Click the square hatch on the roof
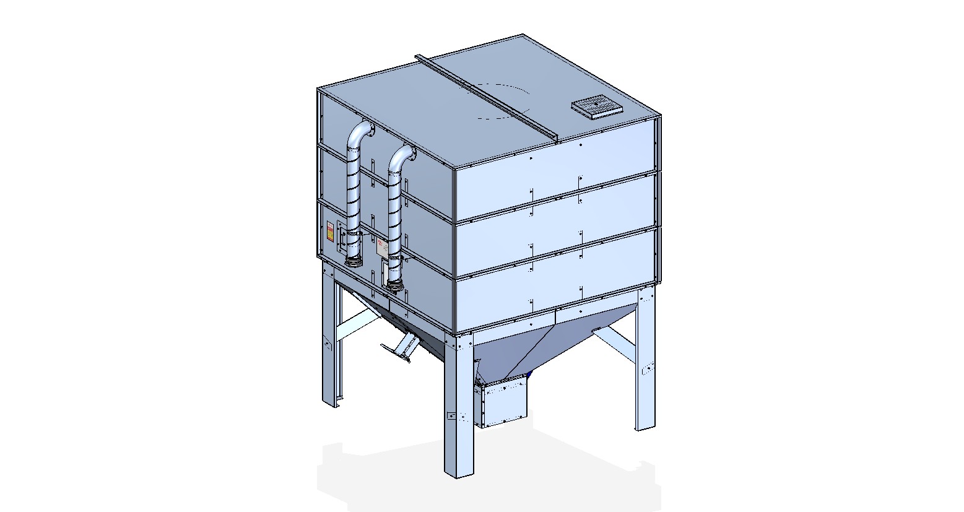coord(597,106)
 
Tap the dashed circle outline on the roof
coord(503,100)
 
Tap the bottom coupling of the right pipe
coord(394,284)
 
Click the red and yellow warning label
coord(331,233)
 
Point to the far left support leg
coord(330,347)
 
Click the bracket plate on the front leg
coord(451,415)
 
